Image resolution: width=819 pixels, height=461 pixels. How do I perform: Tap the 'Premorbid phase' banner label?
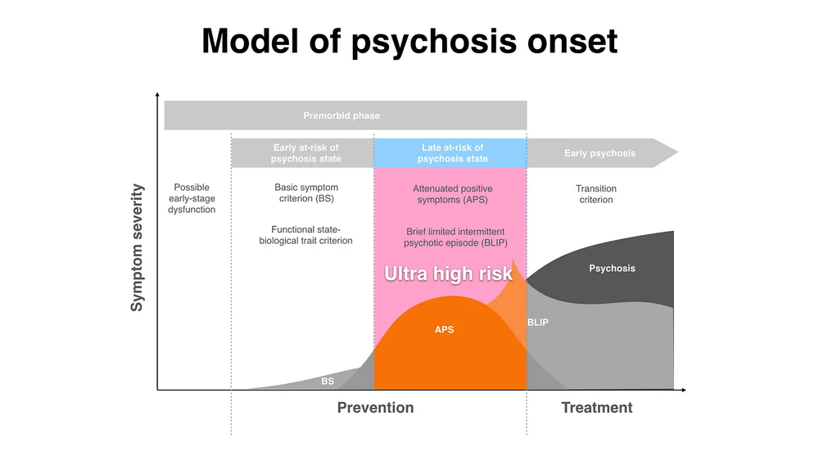tap(342, 115)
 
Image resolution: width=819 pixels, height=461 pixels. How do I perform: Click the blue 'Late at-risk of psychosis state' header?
tap(452, 153)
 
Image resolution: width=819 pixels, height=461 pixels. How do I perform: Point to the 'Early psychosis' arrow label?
tap(600, 153)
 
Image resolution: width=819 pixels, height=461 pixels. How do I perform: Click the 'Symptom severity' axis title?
tap(138, 248)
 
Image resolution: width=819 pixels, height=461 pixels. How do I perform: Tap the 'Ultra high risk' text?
tap(449, 273)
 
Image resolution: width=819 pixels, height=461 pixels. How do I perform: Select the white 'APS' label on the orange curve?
tap(444, 330)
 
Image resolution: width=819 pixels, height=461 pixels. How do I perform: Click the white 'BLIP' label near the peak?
tap(538, 323)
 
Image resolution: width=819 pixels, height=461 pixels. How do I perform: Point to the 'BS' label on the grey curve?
tap(328, 382)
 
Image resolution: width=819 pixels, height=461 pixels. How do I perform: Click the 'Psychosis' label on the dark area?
tap(612, 269)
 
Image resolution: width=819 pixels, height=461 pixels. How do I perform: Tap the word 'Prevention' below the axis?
tap(375, 408)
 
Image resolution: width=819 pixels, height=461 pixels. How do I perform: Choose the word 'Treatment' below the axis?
tap(597, 408)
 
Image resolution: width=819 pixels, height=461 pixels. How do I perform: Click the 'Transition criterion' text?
tap(595, 194)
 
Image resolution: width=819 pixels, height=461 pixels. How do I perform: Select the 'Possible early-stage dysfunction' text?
tap(192, 199)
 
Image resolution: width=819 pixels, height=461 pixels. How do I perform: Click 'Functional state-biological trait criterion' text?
tap(312, 236)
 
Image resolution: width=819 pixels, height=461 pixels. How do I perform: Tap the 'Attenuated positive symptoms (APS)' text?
tap(452, 194)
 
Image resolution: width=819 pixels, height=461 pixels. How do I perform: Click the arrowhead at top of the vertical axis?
tap(158, 97)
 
